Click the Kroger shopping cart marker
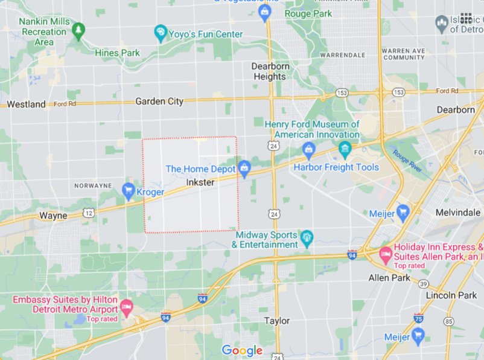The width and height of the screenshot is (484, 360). point(128,191)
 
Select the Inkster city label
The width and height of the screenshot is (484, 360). point(200,182)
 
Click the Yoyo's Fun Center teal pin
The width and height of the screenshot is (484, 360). point(161,33)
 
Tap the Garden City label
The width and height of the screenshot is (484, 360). point(159,101)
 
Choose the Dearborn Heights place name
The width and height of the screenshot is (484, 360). point(270,71)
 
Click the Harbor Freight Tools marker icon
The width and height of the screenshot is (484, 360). point(309,149)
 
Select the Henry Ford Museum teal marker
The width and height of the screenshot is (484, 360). point(345,148)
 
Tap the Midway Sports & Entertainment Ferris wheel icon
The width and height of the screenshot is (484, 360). point(307,236)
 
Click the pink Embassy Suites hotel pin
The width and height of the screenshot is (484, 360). point(126,307)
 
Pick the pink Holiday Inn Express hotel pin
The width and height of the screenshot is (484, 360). point(385,253)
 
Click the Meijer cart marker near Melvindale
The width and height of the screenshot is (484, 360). point(404,212)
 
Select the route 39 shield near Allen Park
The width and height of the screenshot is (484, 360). point(424,284)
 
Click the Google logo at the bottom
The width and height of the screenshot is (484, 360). point(242,350)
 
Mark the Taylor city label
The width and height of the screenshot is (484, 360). point(277,321)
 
